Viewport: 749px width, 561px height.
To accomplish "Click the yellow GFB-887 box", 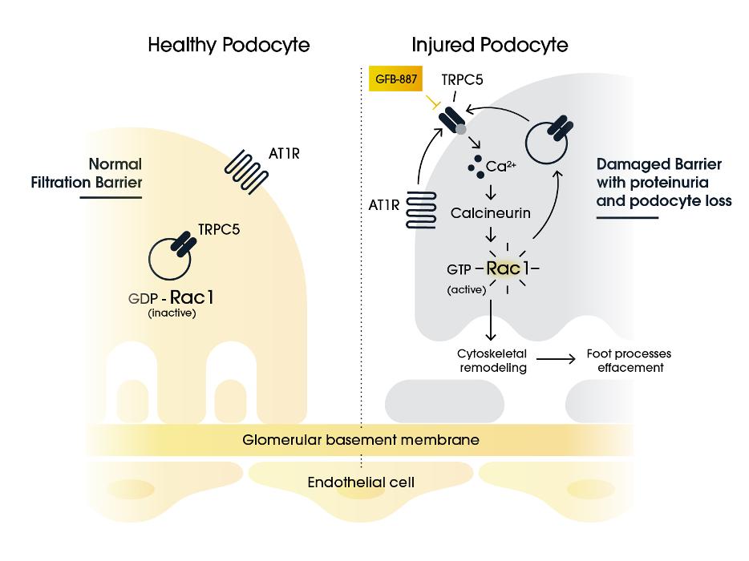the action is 395,79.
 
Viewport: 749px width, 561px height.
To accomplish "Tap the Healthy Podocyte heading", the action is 229,46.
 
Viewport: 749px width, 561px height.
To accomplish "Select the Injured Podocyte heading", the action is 490,46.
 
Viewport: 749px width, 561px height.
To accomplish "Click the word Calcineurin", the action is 490,213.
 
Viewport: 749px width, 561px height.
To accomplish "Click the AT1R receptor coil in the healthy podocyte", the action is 246,172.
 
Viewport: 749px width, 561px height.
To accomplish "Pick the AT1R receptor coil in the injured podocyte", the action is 421,210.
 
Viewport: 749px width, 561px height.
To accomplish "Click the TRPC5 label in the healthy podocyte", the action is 219,230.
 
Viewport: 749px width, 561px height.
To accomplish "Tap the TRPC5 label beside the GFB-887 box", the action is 462,79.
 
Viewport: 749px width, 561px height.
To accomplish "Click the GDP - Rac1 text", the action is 171,298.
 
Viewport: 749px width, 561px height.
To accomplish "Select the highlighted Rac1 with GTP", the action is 508,268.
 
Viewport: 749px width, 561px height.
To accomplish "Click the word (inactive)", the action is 172,313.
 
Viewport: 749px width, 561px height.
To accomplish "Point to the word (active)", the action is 466,290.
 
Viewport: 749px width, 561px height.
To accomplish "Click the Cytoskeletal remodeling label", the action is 492,361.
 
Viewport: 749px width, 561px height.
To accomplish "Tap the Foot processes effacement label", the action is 629,361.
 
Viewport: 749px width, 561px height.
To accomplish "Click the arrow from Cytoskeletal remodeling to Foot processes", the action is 556,358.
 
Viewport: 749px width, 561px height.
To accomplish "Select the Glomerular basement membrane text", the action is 361,440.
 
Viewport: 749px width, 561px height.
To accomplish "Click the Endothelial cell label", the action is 361,482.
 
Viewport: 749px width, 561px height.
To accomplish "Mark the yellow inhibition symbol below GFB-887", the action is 433,102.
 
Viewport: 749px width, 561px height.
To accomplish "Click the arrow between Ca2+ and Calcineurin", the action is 491,192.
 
